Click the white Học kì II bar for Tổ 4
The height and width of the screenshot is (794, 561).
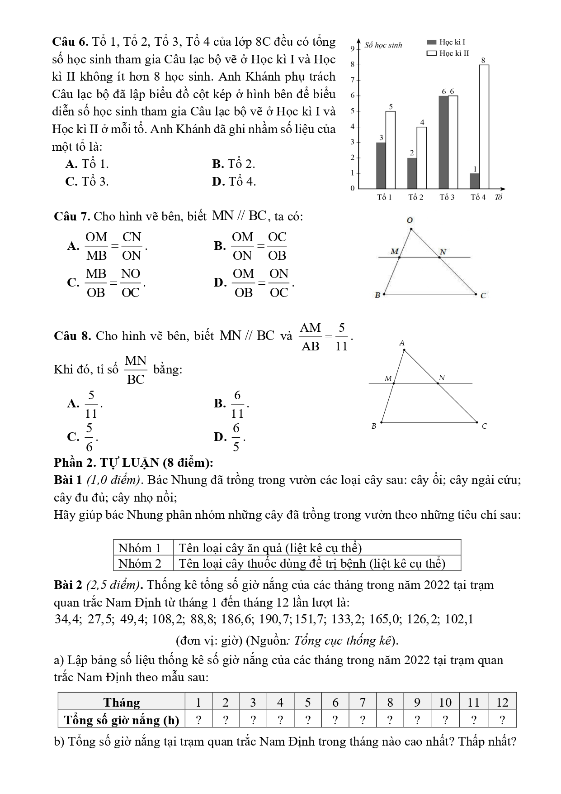[x=484, y=127]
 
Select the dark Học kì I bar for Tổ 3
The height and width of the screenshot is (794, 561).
[x=443, y=142]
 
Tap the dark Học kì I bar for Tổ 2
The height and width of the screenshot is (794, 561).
[x=411, y=173]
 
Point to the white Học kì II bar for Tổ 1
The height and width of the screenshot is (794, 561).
[x=390, y=150]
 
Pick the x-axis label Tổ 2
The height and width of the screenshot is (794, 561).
[x=415, y=197]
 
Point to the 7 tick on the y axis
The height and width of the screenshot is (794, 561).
[x=353, y=80]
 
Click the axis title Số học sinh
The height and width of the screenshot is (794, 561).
[x=383, y=45]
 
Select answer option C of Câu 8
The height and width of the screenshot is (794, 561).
[x=83, y=437]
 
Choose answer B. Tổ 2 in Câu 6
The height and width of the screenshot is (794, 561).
[x=233, y=164]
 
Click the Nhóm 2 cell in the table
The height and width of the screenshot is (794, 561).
[x=140, y=564]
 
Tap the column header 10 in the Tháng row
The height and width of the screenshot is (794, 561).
[x=445, y=702]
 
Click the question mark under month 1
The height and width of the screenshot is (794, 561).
[x=198, y=719]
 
